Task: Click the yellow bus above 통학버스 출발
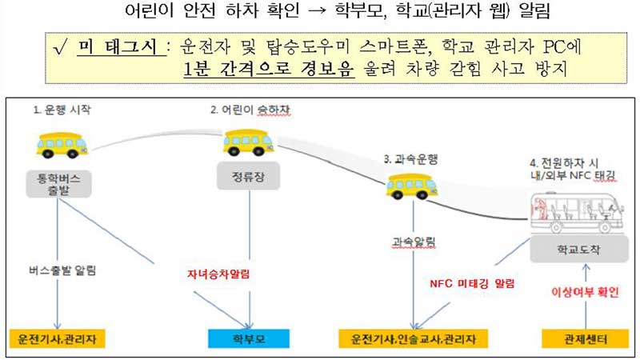[x=62, y=146]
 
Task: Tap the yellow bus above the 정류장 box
[x=248, y=143]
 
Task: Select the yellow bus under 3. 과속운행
[x=411, y=186]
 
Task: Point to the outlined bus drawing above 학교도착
[x=577, y=212]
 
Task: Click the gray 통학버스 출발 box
[x=58, y=184]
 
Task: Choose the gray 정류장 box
[x=248, y=176]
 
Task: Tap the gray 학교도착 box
[x=578, y=249]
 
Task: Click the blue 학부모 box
[x=249, y=338]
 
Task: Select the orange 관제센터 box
[x=586, y=338]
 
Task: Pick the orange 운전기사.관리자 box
[x=57, y=338]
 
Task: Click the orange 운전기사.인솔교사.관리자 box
[x=413, y=338]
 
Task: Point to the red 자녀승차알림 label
[x=218, y=274]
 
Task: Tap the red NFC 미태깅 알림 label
[x=472, y=284]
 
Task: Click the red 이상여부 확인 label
[x=585, y=292]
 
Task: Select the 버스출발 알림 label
[x=62, y=270]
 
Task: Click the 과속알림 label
[x=414, y=242]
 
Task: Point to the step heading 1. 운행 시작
[x=62, y=110]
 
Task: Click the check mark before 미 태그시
[x=60, y=49]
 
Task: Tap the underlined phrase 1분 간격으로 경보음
[x=269, y=69]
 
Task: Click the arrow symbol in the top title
[x=317, y=11]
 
